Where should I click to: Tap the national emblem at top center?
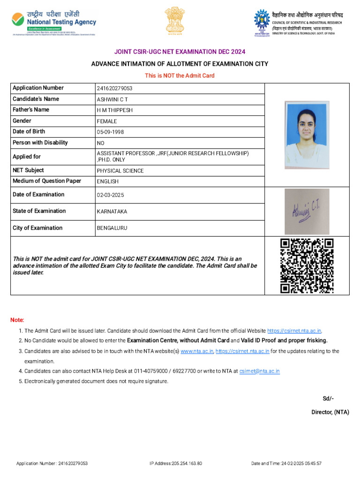pos(174,21)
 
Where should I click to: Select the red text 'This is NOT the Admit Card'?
pos(180,75)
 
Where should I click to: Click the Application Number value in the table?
pos(115,89)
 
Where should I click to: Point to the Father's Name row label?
pos(31,110)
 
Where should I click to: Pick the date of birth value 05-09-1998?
pos(111,132)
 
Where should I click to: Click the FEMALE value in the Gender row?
pos(107,121)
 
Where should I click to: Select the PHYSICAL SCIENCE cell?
pos(120,171)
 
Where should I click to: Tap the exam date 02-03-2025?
pos(111,195)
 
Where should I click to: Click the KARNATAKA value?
pos(112,211)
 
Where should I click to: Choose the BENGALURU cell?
pos(112,228)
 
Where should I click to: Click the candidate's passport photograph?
pos(306,132)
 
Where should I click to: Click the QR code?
pos(307,266)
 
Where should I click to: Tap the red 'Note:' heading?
pos(17,320)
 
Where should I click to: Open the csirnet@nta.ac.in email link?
pos(259,371)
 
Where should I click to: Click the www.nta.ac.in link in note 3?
pos(197,351)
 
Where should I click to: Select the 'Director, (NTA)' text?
pos(330,412)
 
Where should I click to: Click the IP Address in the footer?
pos(176,464)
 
